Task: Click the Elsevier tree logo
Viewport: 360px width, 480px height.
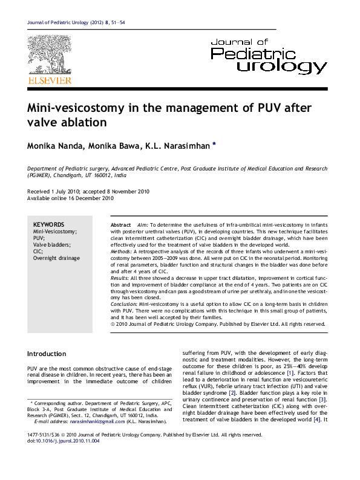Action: tap(49, 55)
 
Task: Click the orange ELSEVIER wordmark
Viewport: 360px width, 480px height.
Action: tap(49, 80)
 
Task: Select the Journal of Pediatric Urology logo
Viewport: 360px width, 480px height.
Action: tap(268, 55)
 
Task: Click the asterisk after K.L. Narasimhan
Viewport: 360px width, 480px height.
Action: tap(214, 145)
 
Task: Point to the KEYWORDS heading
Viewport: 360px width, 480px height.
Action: tap(48, 224)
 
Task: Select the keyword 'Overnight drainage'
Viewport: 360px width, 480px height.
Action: tap(56, 258)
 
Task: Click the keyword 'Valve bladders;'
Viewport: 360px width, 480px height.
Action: tap(51, 244)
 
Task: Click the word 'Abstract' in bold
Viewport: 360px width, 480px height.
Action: tap(121, 224)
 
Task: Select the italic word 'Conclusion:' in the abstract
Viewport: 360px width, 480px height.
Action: tap(125, 306)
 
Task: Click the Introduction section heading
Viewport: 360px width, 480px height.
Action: tap(47, 354)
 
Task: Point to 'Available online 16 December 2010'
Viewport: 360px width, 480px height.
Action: tap(71, 198)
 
